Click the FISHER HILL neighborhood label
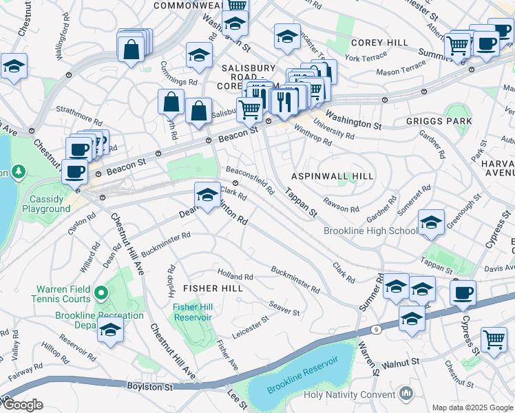pos(213,288)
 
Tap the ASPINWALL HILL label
pos(333,176)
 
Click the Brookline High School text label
pos(370,231)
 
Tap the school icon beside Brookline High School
pos(431,222)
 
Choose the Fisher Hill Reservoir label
pos(193,312)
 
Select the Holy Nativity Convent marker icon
pos(406,394)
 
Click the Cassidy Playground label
pos(45,204)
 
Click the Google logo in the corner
pos(22,405)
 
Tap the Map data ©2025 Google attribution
pos(472,407)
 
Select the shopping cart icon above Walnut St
pos(494,339)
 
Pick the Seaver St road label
pos(284,308)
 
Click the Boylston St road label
pos(149,388)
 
